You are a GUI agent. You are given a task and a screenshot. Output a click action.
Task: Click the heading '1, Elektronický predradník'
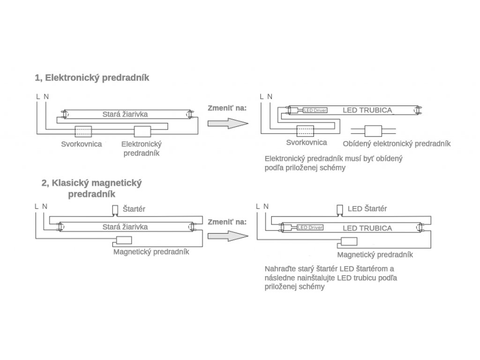coord(92,78)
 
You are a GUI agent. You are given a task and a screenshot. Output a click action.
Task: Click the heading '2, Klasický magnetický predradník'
coord(91,188)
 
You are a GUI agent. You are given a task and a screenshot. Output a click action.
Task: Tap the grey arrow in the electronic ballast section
coord(228,123)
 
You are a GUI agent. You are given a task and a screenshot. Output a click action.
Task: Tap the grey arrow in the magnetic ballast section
coord(228,236)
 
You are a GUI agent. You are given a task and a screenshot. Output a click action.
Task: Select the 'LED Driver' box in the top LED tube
coord(315,110)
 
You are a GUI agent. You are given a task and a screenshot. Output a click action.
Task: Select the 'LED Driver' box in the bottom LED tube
coord(310,227)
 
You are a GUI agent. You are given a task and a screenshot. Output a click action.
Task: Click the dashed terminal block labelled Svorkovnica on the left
coord(83,131)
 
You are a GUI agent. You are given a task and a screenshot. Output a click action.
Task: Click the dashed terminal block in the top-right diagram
coord(305,131)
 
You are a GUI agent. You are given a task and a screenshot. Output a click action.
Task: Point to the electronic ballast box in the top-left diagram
coord(142,132)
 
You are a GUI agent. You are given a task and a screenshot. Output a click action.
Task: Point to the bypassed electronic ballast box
coord(373,131)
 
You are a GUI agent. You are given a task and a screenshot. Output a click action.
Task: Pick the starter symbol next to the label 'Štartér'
coord(115,210)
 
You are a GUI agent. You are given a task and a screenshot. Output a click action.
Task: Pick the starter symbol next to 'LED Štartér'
coord(339,210)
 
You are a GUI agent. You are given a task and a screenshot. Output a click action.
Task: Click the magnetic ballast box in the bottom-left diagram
coord(124,240)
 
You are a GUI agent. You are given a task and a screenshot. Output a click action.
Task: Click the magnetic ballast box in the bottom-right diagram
coord(349,241)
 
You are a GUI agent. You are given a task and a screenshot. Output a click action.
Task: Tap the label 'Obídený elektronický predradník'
coord(397,144)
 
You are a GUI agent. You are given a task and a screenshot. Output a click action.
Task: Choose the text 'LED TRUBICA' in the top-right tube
coord(367,110)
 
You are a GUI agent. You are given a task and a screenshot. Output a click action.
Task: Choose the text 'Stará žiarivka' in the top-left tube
coord(125,114)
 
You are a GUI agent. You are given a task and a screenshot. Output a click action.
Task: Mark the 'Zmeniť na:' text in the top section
coord(227,108)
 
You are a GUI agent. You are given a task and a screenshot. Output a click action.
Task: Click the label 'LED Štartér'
coord(367,209)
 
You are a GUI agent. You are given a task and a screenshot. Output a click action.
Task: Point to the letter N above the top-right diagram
coord(270,97)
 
